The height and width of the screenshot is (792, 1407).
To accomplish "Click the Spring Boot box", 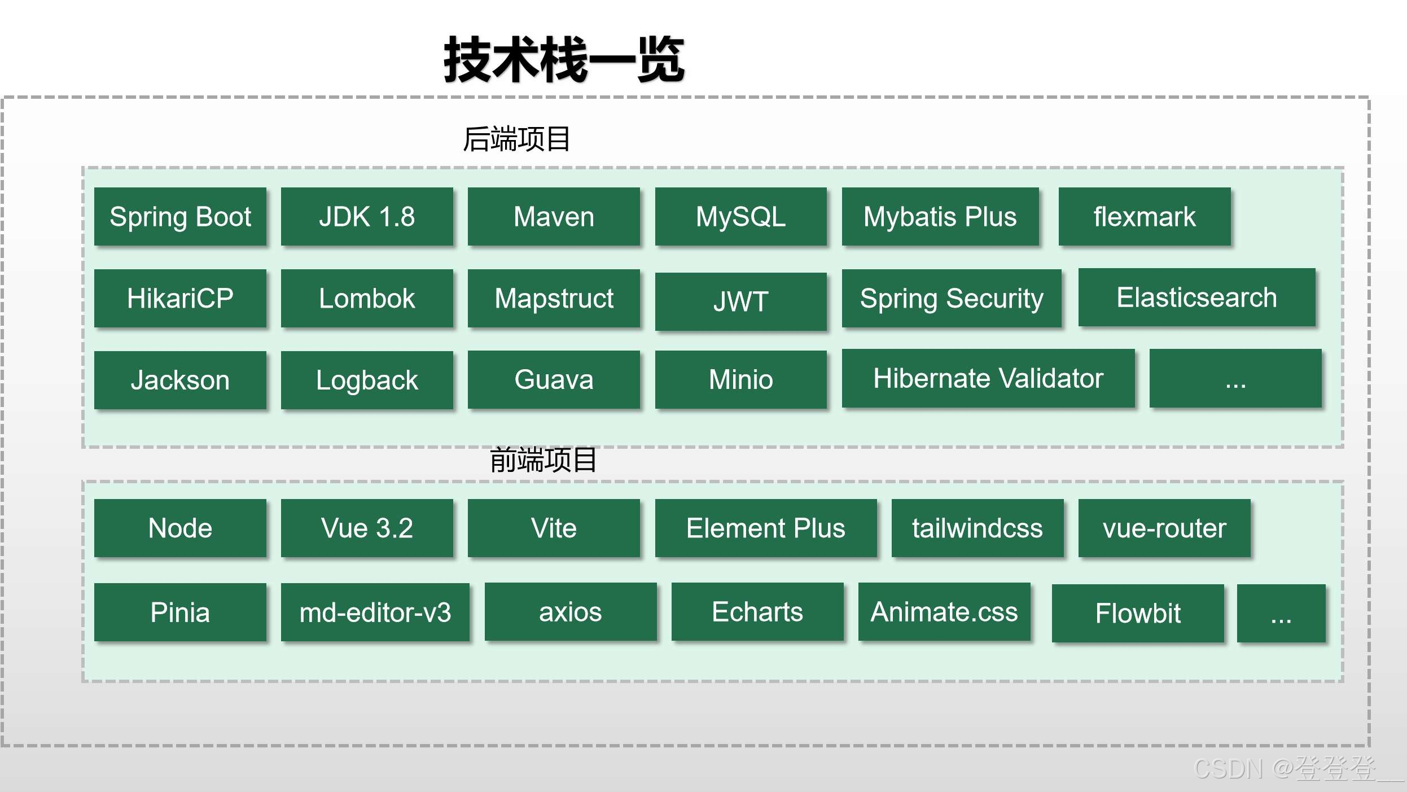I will click(x=180, y=217).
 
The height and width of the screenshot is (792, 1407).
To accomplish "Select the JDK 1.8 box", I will click(x=367, y=217).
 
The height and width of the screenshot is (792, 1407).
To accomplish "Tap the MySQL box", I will click(x=740, y=217).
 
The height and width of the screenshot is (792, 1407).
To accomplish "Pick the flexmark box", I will click(x=1144, y=217).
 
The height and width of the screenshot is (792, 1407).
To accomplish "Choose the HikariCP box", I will click(x=180, y=298).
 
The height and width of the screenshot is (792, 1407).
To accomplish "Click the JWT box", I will click(x=740, y=301).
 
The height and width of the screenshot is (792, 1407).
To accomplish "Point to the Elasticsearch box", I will click(x=1196, y=297).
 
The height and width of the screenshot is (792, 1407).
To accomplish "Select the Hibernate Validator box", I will click(x=988, y=378).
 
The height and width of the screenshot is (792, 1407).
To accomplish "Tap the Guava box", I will click(x=554, y=379).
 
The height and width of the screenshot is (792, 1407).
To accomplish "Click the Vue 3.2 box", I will click(x=367, y=528).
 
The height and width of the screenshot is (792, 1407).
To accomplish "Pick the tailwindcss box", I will click(x=978, y=528).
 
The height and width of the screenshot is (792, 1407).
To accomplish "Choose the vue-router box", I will click(x=1164, y=528).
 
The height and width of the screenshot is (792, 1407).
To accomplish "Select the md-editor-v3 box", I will click(x=375, y=612).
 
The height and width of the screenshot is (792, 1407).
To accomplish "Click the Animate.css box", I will click(x=944, y=612).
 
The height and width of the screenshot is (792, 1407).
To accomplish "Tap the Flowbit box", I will click(x=1138, y=614).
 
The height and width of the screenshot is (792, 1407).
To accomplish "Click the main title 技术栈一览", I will click(x=564, y=60).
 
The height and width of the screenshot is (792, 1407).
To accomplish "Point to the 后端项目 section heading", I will click(x=516, y=139).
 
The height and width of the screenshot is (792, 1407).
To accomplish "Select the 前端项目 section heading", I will click(x=543, y=460).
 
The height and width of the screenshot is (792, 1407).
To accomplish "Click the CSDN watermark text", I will click(x=1287, y=769).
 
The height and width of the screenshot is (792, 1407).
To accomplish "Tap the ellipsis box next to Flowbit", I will click(x=1281, y=614).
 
